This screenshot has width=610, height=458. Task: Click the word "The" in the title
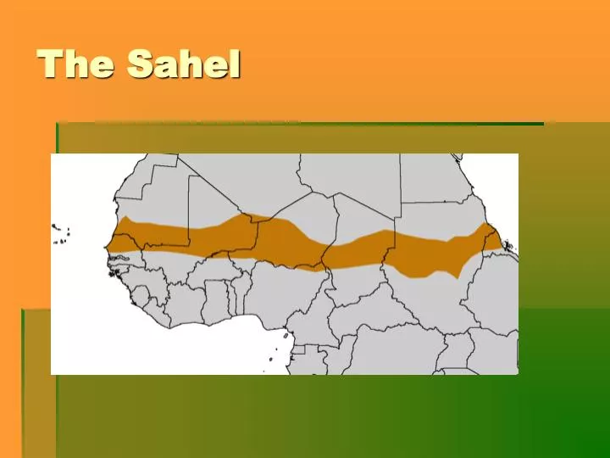[75, 64]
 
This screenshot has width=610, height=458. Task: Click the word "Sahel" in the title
[184, 64]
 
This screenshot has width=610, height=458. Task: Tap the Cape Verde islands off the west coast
[61, 230]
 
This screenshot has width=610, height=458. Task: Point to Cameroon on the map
[319, 322]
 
